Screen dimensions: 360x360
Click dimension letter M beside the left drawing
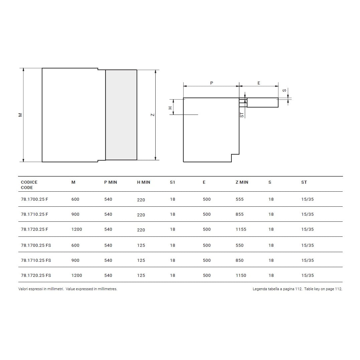pos(20,115)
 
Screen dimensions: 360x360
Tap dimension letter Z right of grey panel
pos(153,115)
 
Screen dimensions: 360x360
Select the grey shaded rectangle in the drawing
pos(121,115)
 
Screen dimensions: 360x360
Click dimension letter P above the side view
pos(211,83)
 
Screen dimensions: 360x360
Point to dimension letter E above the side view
pos(259,83)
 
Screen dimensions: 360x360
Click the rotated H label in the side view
pos(170,108)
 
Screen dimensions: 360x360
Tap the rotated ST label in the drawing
pos(242,115)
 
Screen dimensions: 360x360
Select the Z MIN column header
pos(242,182)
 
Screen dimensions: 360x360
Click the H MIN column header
pos(144,182)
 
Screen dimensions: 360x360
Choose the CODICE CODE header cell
pos(29,185)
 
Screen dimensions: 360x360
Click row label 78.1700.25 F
pos(34,199)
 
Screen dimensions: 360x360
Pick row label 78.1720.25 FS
pos(36,276)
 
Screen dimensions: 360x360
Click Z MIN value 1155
pos(241,229)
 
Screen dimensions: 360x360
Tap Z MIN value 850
pos(239,260)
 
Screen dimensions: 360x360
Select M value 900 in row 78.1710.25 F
pos(75,214)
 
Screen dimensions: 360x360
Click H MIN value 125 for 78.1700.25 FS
pos(141,245)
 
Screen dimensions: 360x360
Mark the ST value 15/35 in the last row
pos(307,276)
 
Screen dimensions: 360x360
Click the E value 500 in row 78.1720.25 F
pos(207,229)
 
